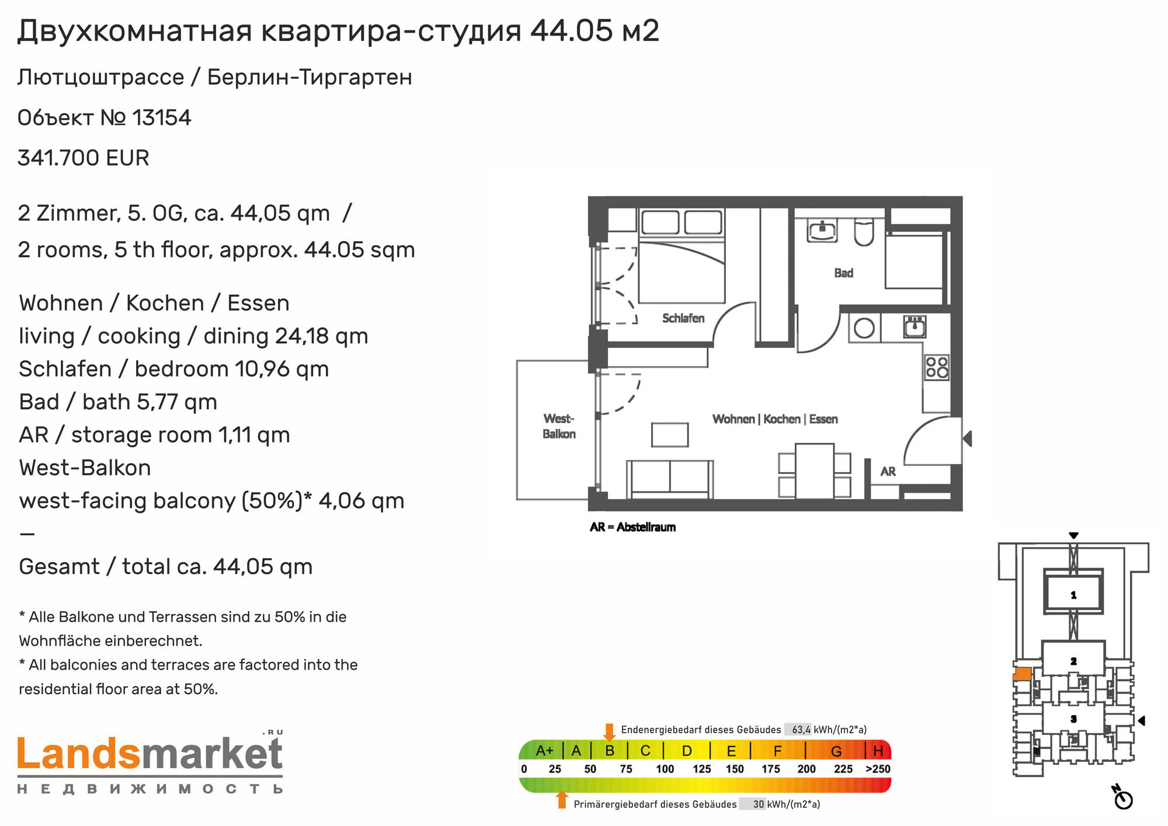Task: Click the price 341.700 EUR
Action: click(x=84, y=158)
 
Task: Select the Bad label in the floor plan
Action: click(x=843, y=273)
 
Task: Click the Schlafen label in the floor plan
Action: click(x=683, y=318)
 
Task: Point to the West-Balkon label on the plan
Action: click(x=559, y=426)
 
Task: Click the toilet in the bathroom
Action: click(x=864, y=232)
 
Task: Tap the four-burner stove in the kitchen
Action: click(x=937, y=367)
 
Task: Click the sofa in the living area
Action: click(x=670, y=479)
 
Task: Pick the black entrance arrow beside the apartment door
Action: click(x=967, y=438)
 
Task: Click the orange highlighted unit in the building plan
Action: click(x=1022, y=674)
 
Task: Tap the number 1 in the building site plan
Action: click(x=1073, y=595)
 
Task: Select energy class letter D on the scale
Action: click(x=687, y=751)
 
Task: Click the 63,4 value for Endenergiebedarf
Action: click(x=801, y=730)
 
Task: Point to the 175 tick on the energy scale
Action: click(x=771, y=769)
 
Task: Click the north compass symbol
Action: click(x=1122, y=798)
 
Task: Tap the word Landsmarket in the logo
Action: click(x=150, y=754)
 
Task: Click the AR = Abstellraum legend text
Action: click(x=632, y=527)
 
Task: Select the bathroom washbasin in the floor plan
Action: click(x=822, y=231)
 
